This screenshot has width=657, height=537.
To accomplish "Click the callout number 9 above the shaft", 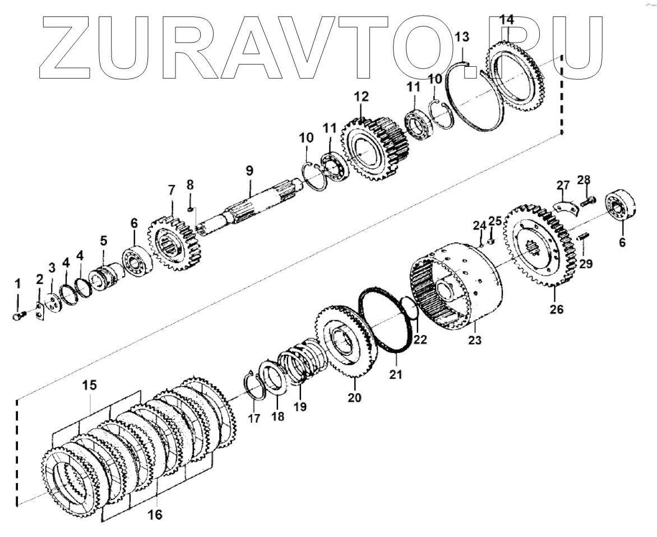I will tap(249, 170).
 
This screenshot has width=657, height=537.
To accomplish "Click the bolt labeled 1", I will tap(17, 316).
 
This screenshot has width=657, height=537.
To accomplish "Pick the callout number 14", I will tap(506, 20).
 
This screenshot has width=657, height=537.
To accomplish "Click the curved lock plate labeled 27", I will tap(565, 205).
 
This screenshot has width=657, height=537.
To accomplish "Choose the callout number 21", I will tap(396, 374).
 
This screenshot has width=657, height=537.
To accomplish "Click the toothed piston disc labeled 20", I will tap(341, 342).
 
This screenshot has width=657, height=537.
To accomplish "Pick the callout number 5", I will tap(104, 241).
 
